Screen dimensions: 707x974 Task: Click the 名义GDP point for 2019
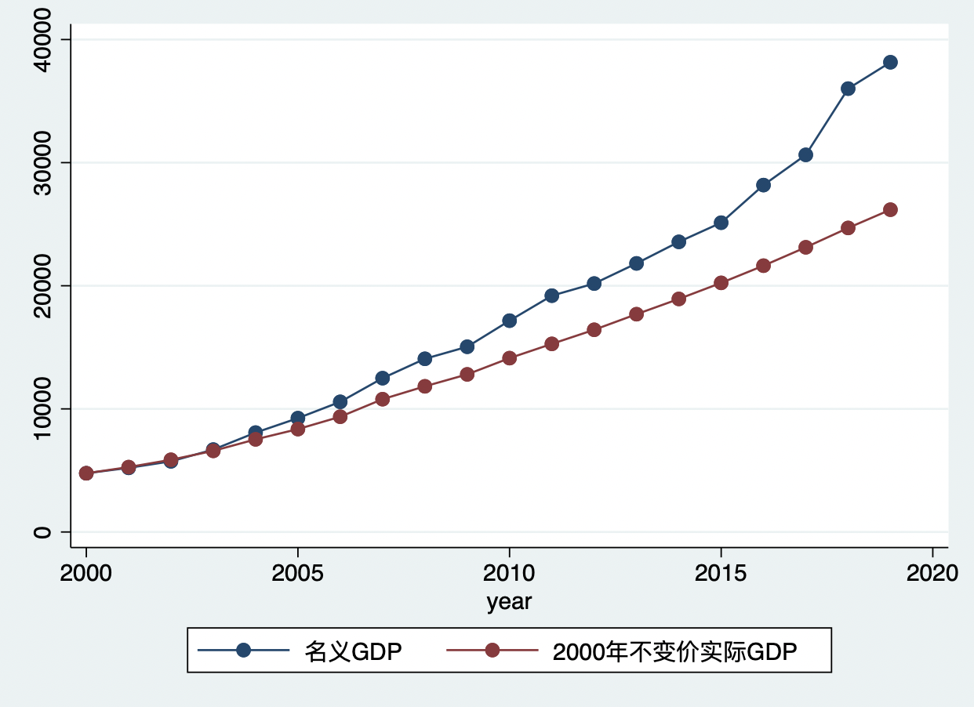[890, 62]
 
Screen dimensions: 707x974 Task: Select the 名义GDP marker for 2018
[848, 89]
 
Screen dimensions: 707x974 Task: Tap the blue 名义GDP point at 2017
[805, 154]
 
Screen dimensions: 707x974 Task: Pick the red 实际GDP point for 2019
[890, 209]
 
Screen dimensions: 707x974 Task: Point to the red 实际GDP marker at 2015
[721, 283]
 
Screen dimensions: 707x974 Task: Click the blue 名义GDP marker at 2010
[509, 321]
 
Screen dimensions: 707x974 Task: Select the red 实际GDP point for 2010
[509, 358]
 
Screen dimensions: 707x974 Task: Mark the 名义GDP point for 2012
[594, 283]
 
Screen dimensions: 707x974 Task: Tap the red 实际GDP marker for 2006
[340, 416]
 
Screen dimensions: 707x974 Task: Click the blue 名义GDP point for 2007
[382, 378]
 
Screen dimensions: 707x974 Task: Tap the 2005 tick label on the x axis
[297, 573]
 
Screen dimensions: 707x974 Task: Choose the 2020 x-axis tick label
[932, 573]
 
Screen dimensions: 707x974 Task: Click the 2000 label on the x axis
[86, 573]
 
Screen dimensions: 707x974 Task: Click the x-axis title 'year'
[509, 602]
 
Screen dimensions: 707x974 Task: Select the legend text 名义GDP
[353, 651]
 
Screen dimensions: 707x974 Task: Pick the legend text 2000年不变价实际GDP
[674, 651]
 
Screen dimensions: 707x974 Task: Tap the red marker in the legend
[492, 651]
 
